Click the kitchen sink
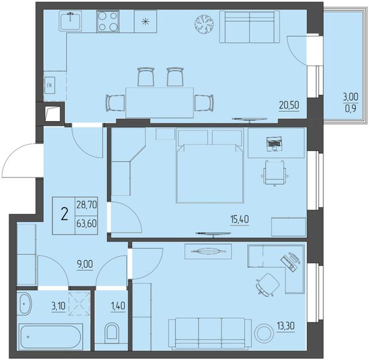tap(70, 21)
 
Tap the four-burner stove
tap(108, 21)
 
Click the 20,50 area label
tap(289, 105)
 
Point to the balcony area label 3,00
tap(351, 96)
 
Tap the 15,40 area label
tap(239, 219)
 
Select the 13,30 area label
tap(286, 326)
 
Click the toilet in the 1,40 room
tap(111, 331)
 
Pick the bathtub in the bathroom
tap(51, 337)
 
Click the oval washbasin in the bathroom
tap(25, 303)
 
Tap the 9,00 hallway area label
tap(85, 264)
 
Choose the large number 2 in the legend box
tap(65, 214)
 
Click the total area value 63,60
tap(86, 224)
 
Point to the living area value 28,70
tap(87, 205)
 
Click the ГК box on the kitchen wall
tap(50, 85)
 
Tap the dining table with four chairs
tap(160, 102)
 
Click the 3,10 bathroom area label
tap(58, 306)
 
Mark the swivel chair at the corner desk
tap(268, 284)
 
